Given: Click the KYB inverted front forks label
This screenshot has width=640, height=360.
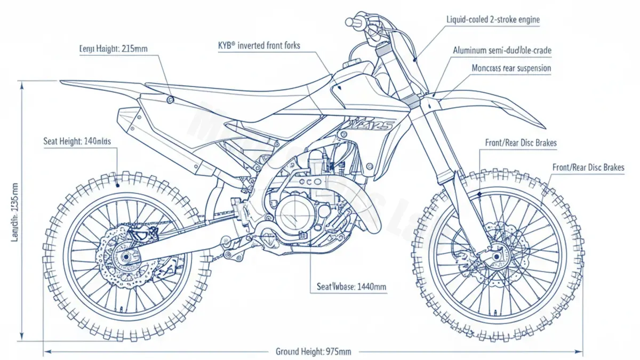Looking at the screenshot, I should point(259,46).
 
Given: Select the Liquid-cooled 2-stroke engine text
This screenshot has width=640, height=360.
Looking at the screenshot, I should point(493,20).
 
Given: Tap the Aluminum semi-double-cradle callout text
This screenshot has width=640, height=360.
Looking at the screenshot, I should point(501,51).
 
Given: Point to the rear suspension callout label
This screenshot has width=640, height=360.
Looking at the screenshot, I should point(511,68).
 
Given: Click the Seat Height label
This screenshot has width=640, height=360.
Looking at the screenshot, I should point(77,142).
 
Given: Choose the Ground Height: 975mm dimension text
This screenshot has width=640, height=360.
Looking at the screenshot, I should point(313,351).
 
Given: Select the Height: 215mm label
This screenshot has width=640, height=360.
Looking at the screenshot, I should point(113,49).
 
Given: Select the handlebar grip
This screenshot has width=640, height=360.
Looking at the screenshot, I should point(353,22).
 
